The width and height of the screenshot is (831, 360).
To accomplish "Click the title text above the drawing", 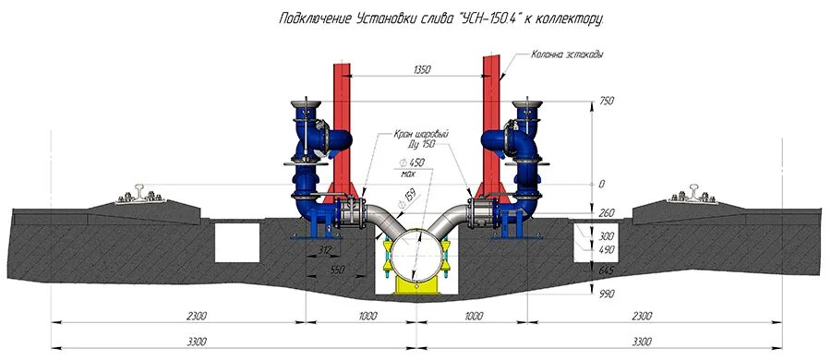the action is pyautogui.click(x=441, y=19).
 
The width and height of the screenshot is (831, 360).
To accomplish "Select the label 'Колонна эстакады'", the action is pyautogui.click(x=567, y=54).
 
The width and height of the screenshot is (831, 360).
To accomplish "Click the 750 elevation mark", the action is pyautogui.click(x=604, y=101).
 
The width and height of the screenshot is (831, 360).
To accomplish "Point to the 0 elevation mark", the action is pyautogui.click(x=601, y=184).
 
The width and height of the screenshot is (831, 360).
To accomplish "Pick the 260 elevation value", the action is pyautogui.click(x=605, y=213).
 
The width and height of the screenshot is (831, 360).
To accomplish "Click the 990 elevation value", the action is pyautogui.click(x=605, y=294).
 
